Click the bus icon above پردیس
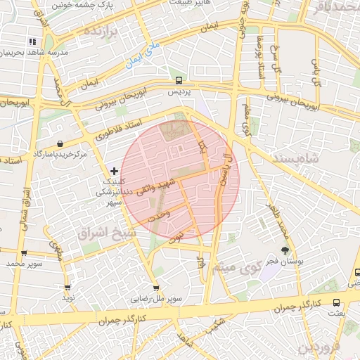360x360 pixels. (x=179, y=80)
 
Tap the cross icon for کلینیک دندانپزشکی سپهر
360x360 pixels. (x=115, y=171)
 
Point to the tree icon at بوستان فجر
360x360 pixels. (x=285, y=250)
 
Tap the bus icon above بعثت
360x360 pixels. (x=356, y=272)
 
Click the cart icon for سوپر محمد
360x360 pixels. (x=25, y=253)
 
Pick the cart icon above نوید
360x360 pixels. (x=67, y=288)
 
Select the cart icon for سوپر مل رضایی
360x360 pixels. (x=155, y=288)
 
